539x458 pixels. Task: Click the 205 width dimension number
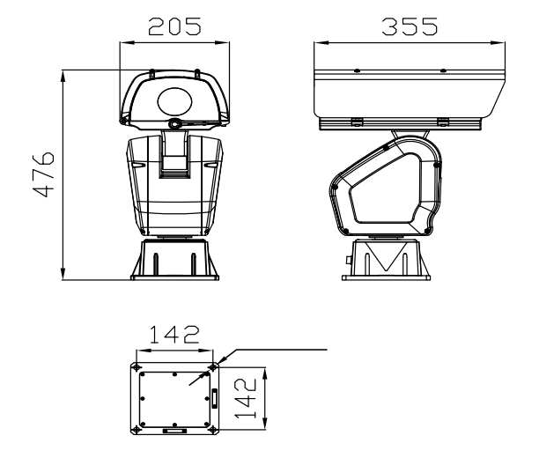click(x=174, y=26)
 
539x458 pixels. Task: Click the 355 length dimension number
click(x=410, y=26)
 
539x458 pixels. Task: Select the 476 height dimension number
click(x=43, y=174)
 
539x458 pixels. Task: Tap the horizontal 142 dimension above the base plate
click(x=174, y=335)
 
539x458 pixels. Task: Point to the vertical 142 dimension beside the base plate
click(x=246, y=398)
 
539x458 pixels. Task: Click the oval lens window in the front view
click(x=175, y=100)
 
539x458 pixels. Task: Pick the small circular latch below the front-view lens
click(x=174, y=123)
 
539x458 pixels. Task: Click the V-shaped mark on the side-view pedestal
click(x=387, y=255)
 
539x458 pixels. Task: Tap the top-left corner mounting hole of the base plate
click(x=137, y=367)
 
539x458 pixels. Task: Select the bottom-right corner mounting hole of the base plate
click(x=213, y=430)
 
